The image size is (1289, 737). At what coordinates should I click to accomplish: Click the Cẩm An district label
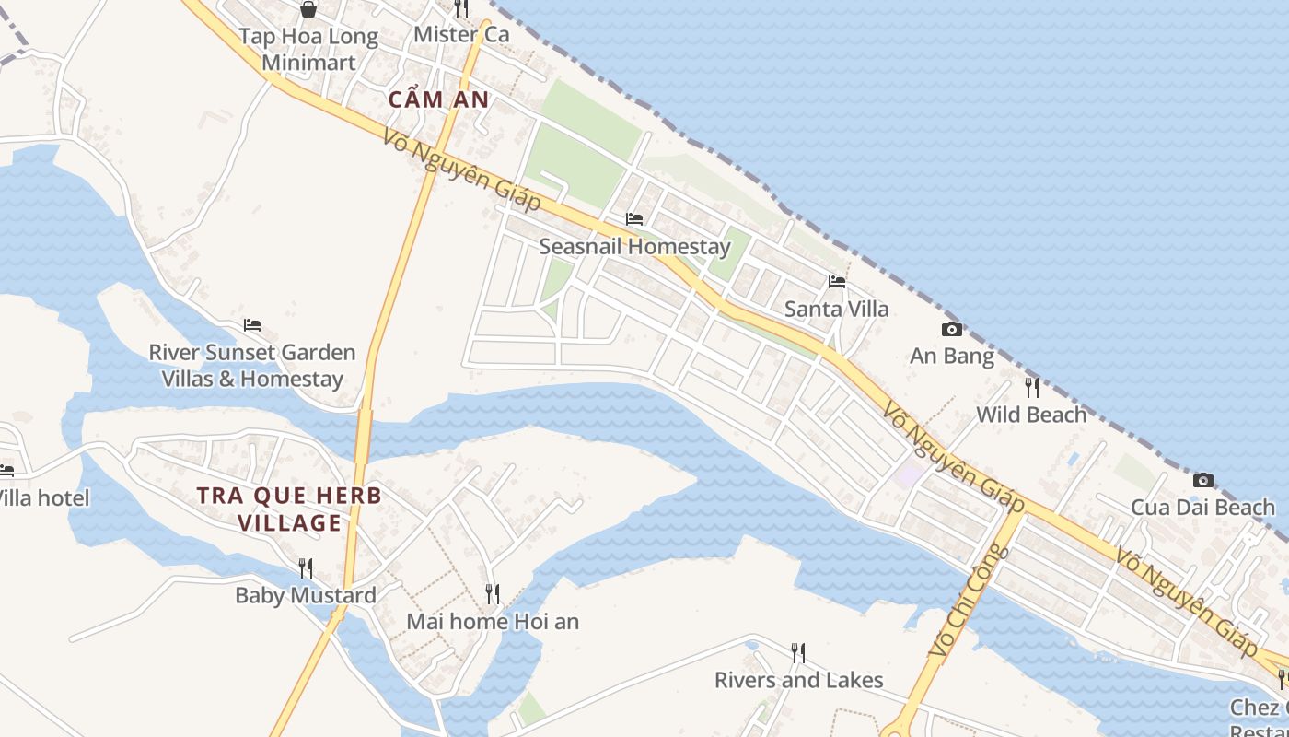pos(438,99)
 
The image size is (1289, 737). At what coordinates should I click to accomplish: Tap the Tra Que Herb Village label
pos(289,509)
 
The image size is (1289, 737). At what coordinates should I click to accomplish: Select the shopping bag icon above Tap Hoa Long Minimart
pos(308,9)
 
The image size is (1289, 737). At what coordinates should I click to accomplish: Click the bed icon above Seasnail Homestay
pos(634,219)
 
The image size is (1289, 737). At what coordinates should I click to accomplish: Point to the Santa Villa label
pos(836,309)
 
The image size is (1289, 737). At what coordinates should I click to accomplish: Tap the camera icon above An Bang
pos(952,329)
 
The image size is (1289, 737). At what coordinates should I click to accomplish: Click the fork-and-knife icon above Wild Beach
pos(1031,388)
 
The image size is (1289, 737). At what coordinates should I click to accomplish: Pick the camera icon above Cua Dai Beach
pos(1202,480)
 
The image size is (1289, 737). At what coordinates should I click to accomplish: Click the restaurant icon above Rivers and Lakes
pos(798,653)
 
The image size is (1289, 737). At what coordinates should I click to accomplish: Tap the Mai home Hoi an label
pos(493,621)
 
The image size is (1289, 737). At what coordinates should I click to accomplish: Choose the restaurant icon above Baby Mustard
pos(306,568)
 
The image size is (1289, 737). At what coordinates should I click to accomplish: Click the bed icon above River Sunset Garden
pos(252,325)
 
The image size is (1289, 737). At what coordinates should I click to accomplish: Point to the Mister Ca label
pos(461,34)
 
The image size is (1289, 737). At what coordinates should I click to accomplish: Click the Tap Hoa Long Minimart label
pos(308,49)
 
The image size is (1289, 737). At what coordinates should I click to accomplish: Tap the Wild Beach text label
pos(1031,415)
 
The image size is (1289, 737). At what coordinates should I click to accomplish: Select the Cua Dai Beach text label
pos(1202,507)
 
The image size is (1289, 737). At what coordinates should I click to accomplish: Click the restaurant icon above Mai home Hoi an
pos(493,594)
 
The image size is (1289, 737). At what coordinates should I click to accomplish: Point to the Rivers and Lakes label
pos(798,680)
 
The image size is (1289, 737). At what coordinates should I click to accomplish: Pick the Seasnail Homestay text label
pos(634,246)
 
